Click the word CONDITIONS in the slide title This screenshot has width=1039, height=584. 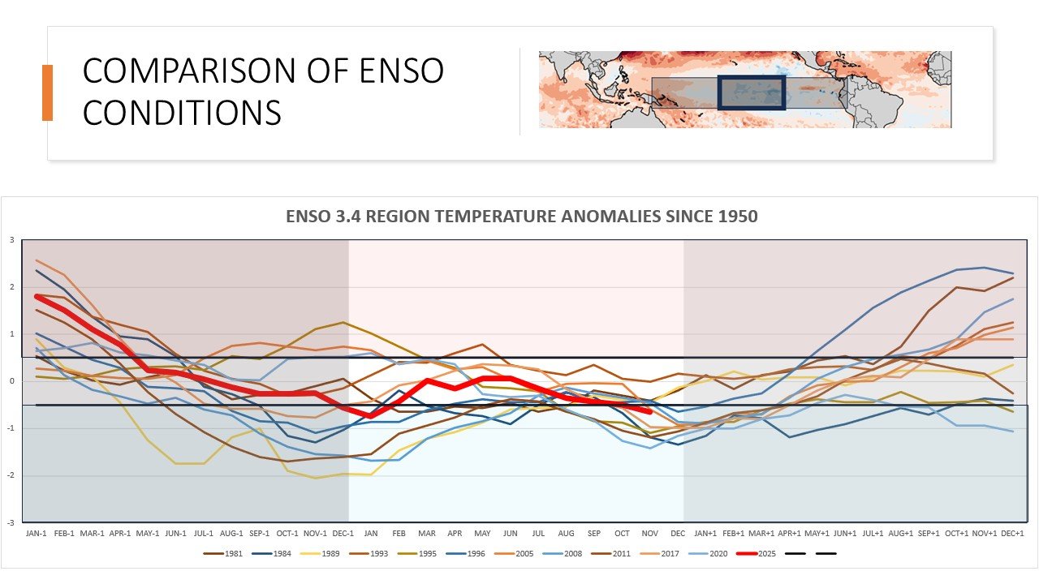click(x=182, y=113)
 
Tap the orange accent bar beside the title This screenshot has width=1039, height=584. click(x=47, y=92)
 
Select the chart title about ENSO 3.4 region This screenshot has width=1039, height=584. click(x=521, y=217)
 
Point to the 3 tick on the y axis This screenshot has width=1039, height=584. click(x=12, y=240)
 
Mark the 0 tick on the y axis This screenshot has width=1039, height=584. click(x=12, y=381)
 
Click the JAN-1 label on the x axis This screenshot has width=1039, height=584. click(x=37, y=533)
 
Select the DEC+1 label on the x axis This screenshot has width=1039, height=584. click(x=1012, y=533)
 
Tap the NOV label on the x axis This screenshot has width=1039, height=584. click(x=650, y=533)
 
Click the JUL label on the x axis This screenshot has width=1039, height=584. click(x=538, y=533)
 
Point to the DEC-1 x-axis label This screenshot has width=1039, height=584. click(x=343, y=533)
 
